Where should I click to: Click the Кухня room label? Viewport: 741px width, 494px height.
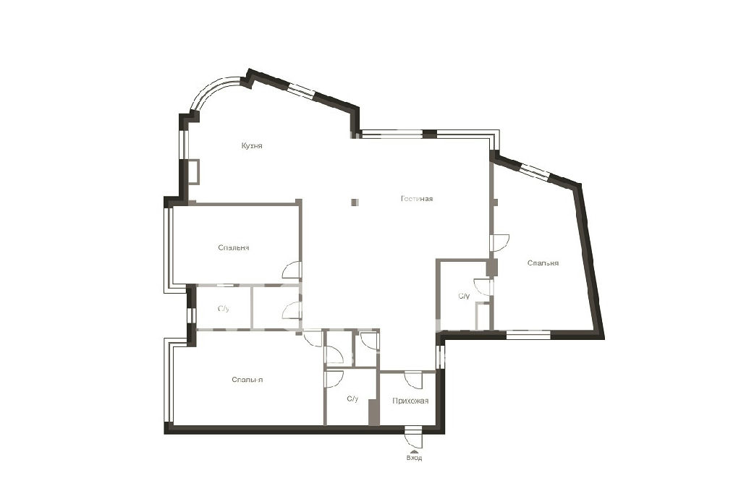pyautogui.click(x=251, y=146)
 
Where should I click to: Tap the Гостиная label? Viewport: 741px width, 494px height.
pyautogui.click(x=417, y=199)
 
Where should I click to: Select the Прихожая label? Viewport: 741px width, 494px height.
pyautogui.click(x=410, y=401)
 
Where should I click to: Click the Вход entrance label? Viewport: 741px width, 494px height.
pyautogui.click(x=414, y=458)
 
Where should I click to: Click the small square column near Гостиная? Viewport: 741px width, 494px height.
pyautogui.click(x=355, y=202)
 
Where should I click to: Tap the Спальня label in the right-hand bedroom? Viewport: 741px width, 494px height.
pyautogui.click(x=543, y=263)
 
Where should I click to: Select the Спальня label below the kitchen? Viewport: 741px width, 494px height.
pyautogui.click(x=234, y=247)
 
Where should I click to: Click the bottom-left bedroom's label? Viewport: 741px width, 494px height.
pyautogui.click(x=247, y=380)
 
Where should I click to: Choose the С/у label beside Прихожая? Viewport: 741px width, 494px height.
pyautogui.click(x=352, y=399)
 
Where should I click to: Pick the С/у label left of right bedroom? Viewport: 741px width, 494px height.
pyautogui.click(x=464, y=296)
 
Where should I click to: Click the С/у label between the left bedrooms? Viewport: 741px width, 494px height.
pyautogui.click(x=224, y=309)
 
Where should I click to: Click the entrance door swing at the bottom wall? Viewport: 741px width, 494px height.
pyautogui.click(x=414, y=438)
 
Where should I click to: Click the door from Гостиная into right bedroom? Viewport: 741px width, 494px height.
pyautogui.click(x=499, y=243)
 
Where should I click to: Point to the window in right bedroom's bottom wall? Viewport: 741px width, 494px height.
pyautogui.click(x=528, y=336)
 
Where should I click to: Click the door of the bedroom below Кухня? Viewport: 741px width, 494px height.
pyautogui.click(x=292, y=270)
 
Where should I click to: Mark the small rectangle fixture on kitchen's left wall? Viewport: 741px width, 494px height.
pyautogui.click(x=194, y=172)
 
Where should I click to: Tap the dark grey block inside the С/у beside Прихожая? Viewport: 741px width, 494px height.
pyautogui.click(x=374, y=412)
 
